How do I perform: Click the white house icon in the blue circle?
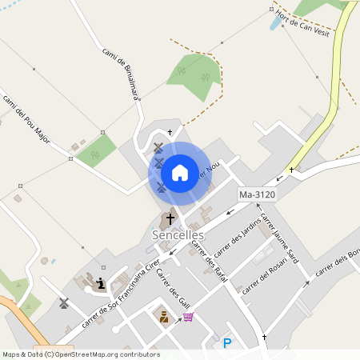[x=180, y=172]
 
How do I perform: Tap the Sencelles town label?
[x=178, y=235]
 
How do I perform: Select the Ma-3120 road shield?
[x=258, y=194]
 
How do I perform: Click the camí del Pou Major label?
[x=26, y=119]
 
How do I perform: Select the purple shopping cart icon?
[x=188, y=317]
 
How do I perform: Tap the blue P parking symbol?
[x=227, y=344]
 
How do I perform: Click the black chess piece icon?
[x=100, y=282]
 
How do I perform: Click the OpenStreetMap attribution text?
[x=81, y=354]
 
